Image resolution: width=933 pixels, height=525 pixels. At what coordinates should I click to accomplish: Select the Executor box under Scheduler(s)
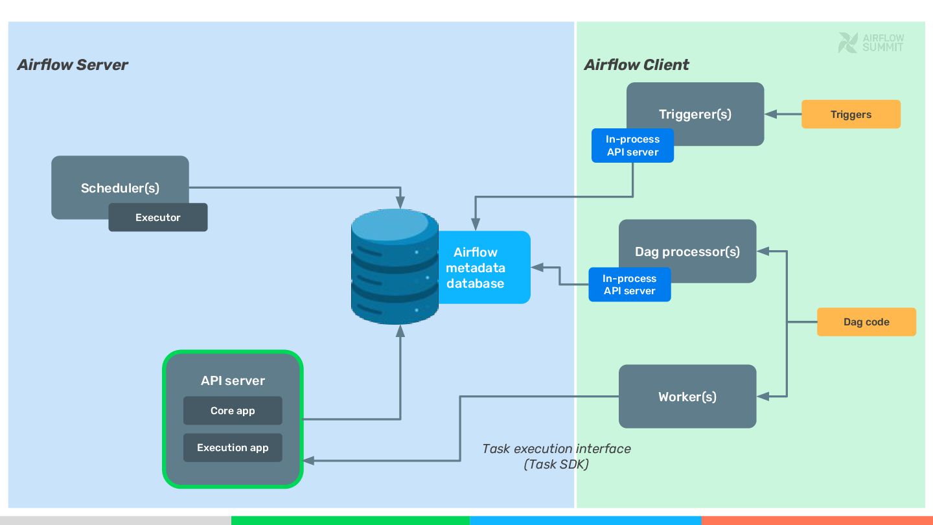157,218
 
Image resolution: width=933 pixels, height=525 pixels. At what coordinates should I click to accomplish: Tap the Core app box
233,411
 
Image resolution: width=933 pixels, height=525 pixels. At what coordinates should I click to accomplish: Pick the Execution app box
233,448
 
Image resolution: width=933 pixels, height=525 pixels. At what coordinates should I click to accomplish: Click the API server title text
233,381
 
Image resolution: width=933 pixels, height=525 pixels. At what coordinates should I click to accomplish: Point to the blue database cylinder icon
395,267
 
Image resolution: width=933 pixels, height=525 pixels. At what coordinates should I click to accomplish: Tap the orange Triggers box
851,115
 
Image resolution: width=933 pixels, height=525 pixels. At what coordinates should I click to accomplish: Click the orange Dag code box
866,322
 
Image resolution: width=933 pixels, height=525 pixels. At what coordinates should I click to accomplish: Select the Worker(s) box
687,397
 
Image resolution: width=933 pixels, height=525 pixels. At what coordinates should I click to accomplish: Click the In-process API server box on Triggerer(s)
632,146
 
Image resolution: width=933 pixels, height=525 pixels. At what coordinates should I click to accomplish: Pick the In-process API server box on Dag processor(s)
629,285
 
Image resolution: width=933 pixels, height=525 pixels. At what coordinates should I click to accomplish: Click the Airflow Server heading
73,65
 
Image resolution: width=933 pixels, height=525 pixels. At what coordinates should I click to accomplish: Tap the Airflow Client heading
636,65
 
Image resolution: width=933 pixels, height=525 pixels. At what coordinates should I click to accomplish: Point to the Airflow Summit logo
871,43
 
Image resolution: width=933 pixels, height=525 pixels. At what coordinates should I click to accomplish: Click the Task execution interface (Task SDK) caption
556,456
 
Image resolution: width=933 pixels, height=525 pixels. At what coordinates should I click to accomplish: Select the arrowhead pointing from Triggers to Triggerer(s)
771,115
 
